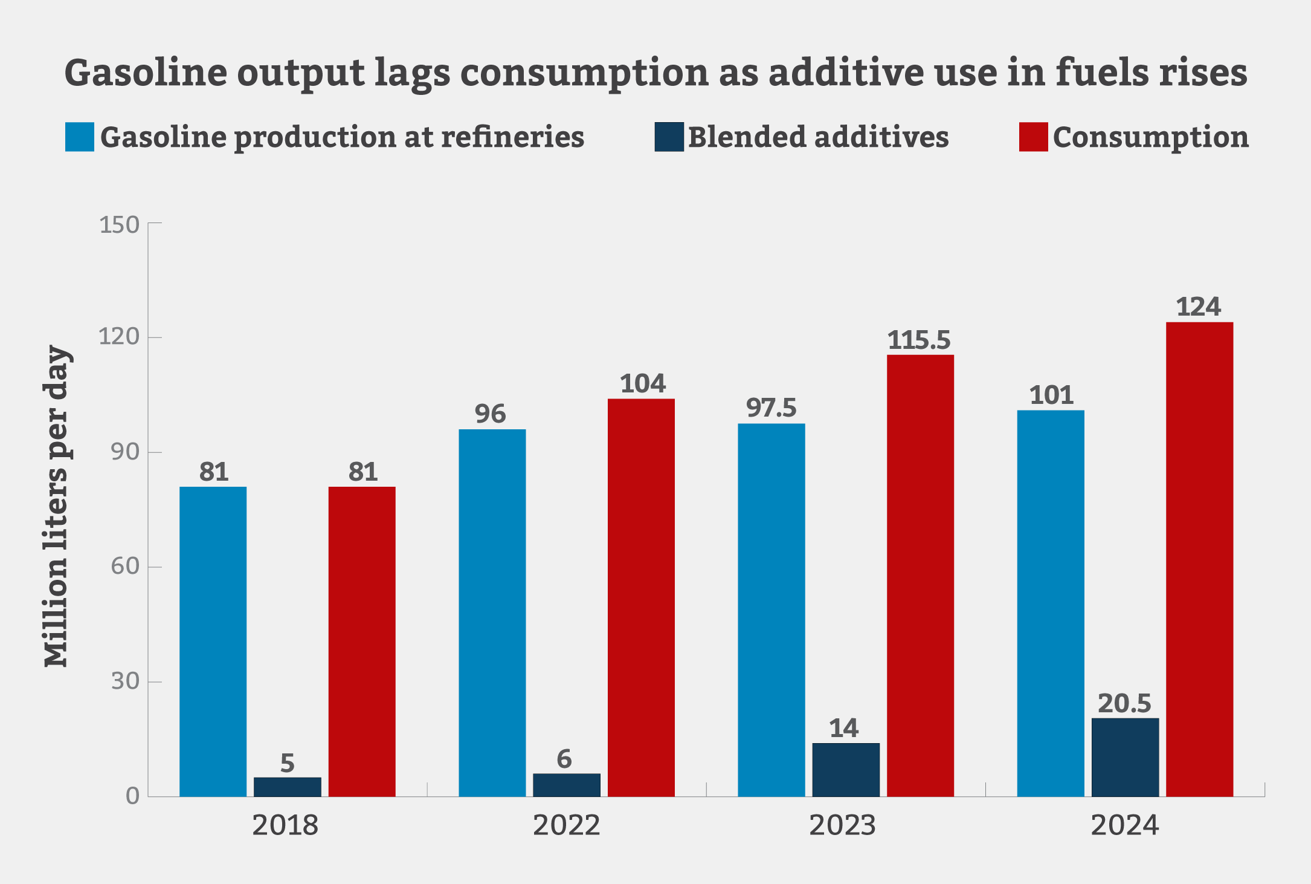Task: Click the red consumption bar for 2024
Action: (1199, 559)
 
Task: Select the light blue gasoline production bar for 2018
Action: (213, 641)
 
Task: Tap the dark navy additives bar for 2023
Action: (846, 770)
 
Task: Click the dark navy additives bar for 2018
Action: (287, 787)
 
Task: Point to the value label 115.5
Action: (919, 340)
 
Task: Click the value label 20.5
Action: (1124, 704)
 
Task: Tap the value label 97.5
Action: (771, 408)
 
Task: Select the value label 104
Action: (642, 384)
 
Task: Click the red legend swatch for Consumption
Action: (1033, 137)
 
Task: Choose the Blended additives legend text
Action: (818, 137)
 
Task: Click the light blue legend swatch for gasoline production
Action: (80, 137)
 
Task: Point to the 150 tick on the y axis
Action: (119, 225)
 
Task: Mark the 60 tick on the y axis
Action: (125, 567)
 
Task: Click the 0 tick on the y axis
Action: (132, 796)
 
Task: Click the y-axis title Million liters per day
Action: (57, 507)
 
